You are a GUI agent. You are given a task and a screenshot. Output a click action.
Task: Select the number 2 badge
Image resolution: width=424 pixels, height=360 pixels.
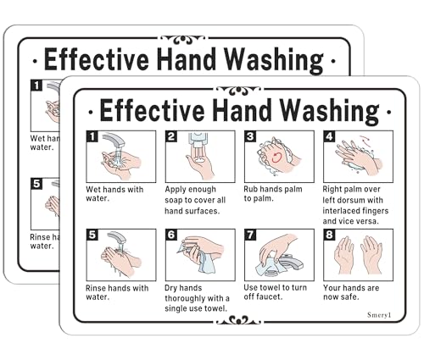(x=170, y=136)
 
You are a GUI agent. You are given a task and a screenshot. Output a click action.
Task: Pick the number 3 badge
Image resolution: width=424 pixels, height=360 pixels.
(x=250, y=136)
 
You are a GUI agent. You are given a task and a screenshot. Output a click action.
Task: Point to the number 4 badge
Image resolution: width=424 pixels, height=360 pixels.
(x=329, y=136)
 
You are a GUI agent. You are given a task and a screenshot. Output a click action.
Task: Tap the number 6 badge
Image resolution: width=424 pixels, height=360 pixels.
(x=170, y=235)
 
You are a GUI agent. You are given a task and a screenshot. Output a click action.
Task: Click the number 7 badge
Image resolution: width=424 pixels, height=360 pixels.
(x=250, y=235)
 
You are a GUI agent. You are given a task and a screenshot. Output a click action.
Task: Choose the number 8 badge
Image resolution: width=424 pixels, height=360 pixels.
(x=329, y=235)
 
